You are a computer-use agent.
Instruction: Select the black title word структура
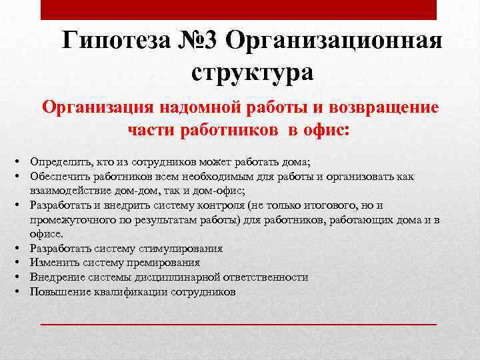point(252,71)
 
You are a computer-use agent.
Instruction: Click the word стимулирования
point(181,249)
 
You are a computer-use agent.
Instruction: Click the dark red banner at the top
point(238,10)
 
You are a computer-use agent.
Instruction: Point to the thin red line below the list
point(238,323)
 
